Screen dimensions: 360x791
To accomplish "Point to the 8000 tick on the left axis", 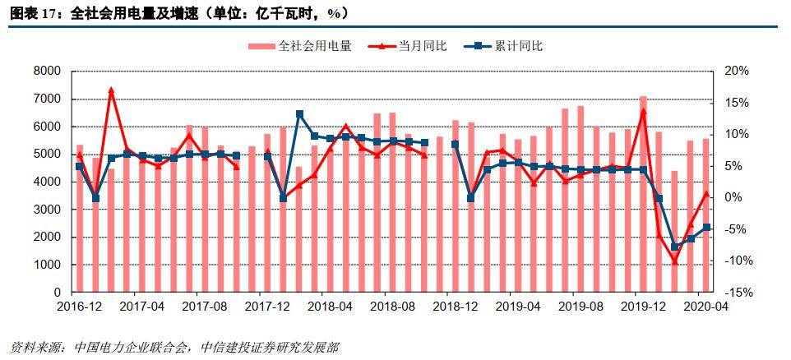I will click(x=48, y=72).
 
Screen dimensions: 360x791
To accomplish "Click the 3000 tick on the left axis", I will click(x=48, y=210).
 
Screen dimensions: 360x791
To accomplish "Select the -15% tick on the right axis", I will click(x=735, y=293).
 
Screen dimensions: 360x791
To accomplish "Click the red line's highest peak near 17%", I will click(x=111, y=90).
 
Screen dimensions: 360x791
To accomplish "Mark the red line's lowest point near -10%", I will click(x=674, y=261).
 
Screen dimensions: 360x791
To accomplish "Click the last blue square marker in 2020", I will click(x=706, y=228).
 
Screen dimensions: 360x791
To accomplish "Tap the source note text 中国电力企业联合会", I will click(x=132, y=348).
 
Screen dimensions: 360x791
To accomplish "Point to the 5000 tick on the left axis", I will click(x=48, y=155).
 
